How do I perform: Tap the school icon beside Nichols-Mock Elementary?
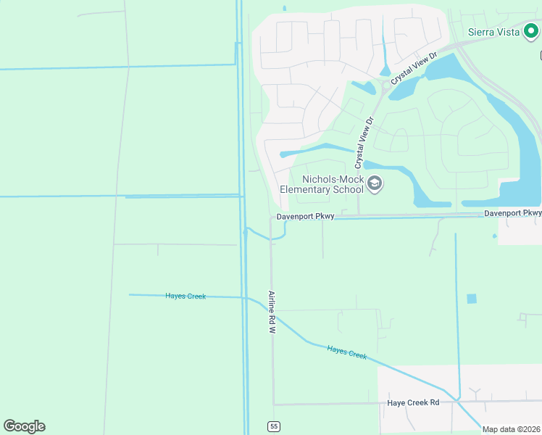pos(375,184)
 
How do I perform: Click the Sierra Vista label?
pos(494,32)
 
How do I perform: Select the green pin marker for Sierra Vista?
pos(531,31)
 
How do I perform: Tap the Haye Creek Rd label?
pos(413,402)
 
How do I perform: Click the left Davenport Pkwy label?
pos(305,217)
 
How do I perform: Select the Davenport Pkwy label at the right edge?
pos(512,213)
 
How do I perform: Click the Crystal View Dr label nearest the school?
pos(364,143)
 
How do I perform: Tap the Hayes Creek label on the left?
pos(185,296)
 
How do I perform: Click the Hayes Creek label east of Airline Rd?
pos(347,352)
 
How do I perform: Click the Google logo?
pos(24,426)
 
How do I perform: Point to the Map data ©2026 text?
pos(512,429)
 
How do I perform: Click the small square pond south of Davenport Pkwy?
pos(472,299)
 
